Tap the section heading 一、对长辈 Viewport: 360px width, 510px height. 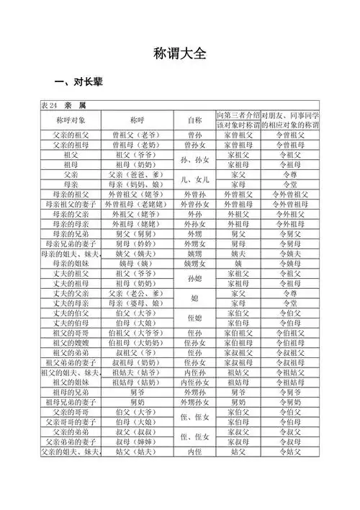pyautogui.click(x=78, y=82)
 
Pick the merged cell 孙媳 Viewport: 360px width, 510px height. pyautogui.click(x=194, y=279)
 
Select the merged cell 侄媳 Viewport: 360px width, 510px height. pyautogui.click(x=194, y=318)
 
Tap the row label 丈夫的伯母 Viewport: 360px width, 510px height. pyautogui.click(x=71, y=323)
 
